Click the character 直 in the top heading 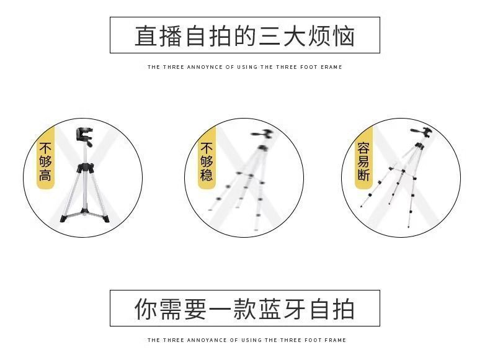146,36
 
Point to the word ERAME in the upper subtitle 331,67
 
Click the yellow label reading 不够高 46,162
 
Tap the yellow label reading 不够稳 207,162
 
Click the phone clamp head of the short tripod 84,137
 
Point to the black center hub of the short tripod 85,168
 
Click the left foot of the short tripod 63,218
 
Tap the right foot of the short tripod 106,218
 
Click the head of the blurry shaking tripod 262,135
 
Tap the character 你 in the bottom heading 146,309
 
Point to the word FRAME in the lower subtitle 336,340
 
